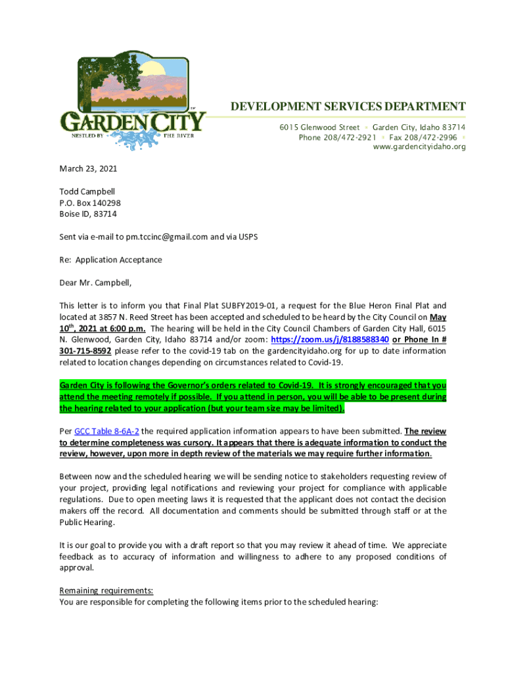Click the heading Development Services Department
(348, 107)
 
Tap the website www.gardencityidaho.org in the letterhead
(419, 147)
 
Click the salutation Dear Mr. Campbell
(95, 283)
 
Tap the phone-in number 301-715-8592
(85, 351)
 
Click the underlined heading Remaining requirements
(106, 590)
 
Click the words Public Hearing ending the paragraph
(87, 522)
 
